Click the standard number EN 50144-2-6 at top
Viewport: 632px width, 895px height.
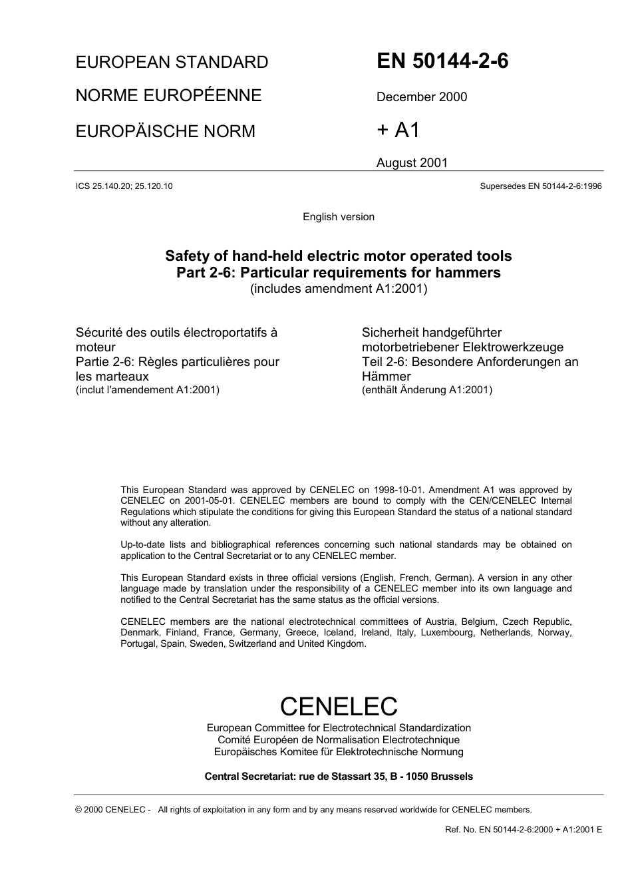tap(442, 61)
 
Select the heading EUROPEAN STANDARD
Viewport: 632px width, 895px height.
tap(172, 63)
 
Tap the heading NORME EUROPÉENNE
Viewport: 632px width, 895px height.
tap(168, 96)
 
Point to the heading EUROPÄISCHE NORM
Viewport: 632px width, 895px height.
tap(165, 131)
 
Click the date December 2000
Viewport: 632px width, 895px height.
tap(421, 97)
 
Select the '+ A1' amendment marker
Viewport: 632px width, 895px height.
tap(398, 130)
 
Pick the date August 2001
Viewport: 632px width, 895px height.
tap(412, 163)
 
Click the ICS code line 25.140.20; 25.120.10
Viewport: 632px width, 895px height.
tap(124, 186)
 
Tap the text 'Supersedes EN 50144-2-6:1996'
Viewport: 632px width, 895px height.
tap(540, 186)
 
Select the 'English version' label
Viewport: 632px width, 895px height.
tap(338, 217)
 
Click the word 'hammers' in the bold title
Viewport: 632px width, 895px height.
tap(468, 273)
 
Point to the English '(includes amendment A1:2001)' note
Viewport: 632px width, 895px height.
tap(338, 289)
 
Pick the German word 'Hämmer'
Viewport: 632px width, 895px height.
tap(386, 377)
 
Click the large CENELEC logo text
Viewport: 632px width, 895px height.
tap(338, 706)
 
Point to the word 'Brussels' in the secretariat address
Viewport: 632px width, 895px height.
tap(452, 777)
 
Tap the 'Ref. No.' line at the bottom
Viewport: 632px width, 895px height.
tap(523, 830)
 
